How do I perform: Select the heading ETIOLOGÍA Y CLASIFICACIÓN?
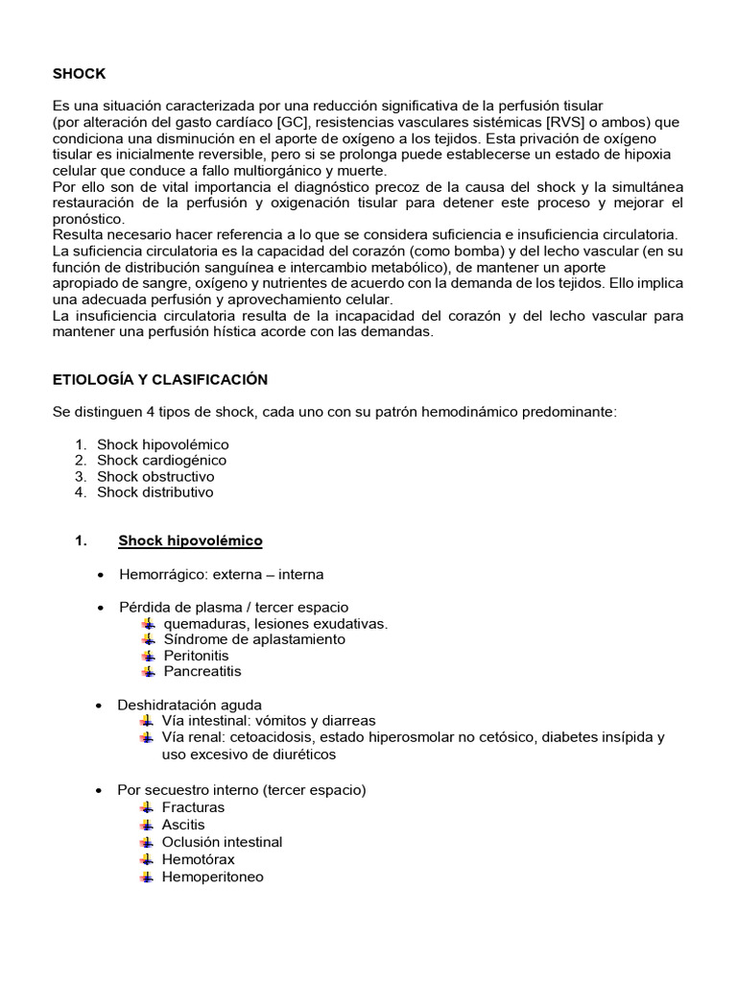159,379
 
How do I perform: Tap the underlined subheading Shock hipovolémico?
190,541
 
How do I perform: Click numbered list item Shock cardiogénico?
161,461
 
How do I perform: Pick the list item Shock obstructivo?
155,476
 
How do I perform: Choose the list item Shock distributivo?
155,492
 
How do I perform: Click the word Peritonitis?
196,656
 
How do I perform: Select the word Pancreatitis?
202,671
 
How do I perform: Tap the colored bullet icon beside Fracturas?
147,807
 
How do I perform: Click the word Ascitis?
183,825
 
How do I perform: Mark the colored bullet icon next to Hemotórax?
147,859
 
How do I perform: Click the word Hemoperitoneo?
213,876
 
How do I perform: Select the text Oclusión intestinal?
223,842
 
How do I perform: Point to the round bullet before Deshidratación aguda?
102,706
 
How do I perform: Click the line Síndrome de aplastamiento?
254,639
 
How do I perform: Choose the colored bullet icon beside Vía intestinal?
147,721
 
